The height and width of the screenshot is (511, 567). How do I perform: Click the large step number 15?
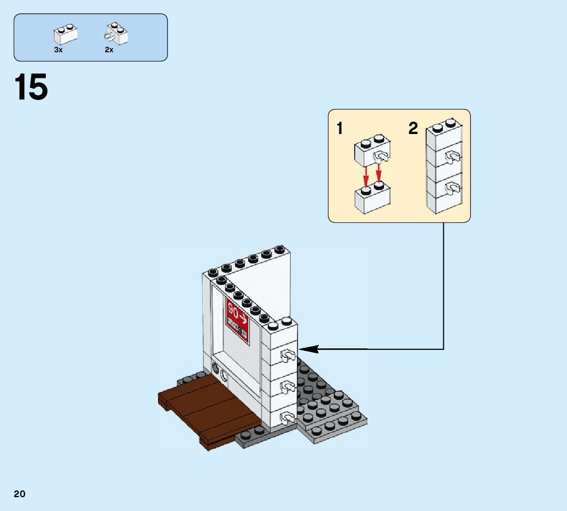click(x=32, y=88)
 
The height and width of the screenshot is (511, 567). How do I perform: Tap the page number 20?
click(x=20, y=494)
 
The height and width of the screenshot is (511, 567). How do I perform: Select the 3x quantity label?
click(x=58, y=50)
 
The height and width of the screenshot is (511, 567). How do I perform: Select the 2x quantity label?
click(x=109, y=50)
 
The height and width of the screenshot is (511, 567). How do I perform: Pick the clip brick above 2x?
click(x=116, y=34)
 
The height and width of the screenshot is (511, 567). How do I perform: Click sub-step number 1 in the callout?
click(x=339, y=129)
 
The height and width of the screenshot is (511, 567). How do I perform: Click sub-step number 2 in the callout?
click(x=413, y=129)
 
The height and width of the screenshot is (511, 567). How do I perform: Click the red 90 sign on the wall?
click(x=237, y=318)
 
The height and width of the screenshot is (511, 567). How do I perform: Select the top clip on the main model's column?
click(x=287, y=355)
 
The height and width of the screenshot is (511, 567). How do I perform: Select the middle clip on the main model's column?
click(x=287, y=387)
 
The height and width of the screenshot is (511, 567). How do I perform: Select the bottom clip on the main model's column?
click(x=287, y=418)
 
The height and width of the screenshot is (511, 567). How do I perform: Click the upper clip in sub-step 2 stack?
click(x=452, y=157)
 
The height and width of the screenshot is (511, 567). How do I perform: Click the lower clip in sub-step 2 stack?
click(x=452, y=187)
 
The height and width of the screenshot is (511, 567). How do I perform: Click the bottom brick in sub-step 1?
click(x=372, y=199)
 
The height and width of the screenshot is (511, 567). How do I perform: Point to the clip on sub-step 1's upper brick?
click(x=381, y=157)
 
